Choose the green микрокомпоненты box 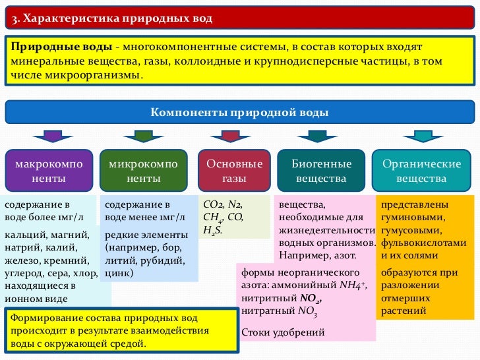(143, 171)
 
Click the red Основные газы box (234, 171)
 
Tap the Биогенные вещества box (321, 171)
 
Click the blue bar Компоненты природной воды (239, 112)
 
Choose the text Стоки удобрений (284, 332)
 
